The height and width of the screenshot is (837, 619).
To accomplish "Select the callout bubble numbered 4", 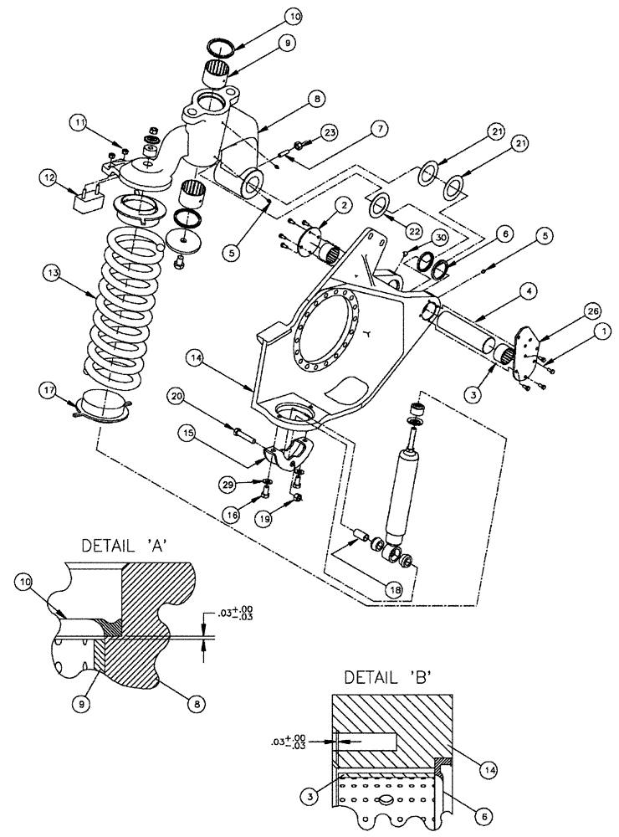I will coord(507,292).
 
